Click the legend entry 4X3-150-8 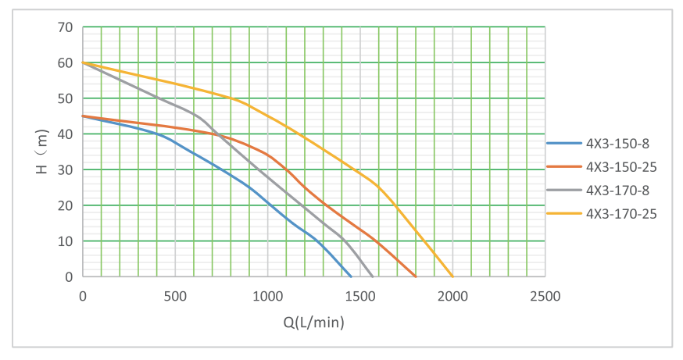point(617,144)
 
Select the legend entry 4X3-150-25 point(620,166)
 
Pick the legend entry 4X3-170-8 point(617,189)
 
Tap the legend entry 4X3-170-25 point(620,212)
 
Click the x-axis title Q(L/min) point(314,322)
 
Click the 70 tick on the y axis point(66,27)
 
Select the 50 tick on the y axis point(66,98)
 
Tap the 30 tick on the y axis point(66,170)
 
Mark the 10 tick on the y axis point(66,241)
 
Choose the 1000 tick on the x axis point(267,297)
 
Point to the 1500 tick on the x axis point(360,297)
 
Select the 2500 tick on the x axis point(545,297)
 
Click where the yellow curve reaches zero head point(452,276)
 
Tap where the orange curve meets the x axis point(416,276)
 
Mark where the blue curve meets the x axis point(351,276)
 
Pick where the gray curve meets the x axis point(373,276)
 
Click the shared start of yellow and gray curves point(83,62)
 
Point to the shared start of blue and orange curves point(83,116)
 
